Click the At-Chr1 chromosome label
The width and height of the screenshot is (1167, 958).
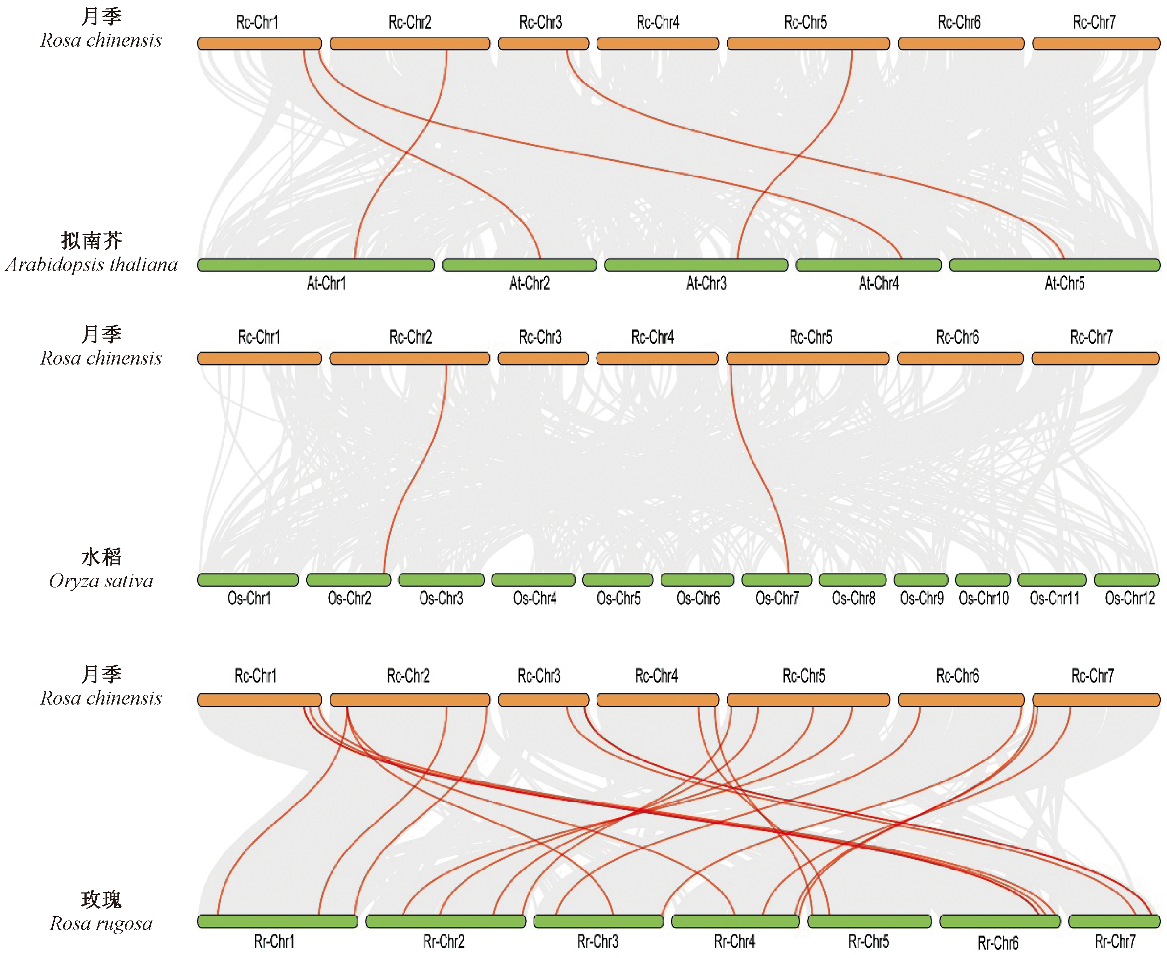(x=326, y=284)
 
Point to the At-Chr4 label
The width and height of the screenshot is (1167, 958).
(x=878, y=284)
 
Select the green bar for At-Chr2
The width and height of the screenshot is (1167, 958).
(x=519, y=265)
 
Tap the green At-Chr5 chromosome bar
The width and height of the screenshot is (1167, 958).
(x=1054, y=265)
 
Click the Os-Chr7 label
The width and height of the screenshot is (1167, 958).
(x=777, y=598)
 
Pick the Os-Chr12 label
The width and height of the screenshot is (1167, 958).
(x=1129, y=598)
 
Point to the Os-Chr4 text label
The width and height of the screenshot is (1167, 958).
(x=535, y=598)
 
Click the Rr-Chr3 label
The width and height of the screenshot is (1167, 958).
(x=598, y=942)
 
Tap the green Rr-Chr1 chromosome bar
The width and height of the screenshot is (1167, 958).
(x=277, y=922)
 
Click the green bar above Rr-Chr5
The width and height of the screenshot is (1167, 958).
(x=869, y=922)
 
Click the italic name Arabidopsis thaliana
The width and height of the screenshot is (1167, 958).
(x=91, y=265)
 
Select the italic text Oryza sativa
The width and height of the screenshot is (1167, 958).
(x=101, y=581)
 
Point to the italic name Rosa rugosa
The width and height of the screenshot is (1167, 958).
(x=101, y=924)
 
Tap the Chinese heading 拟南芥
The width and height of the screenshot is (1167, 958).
(x=91, y=240)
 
